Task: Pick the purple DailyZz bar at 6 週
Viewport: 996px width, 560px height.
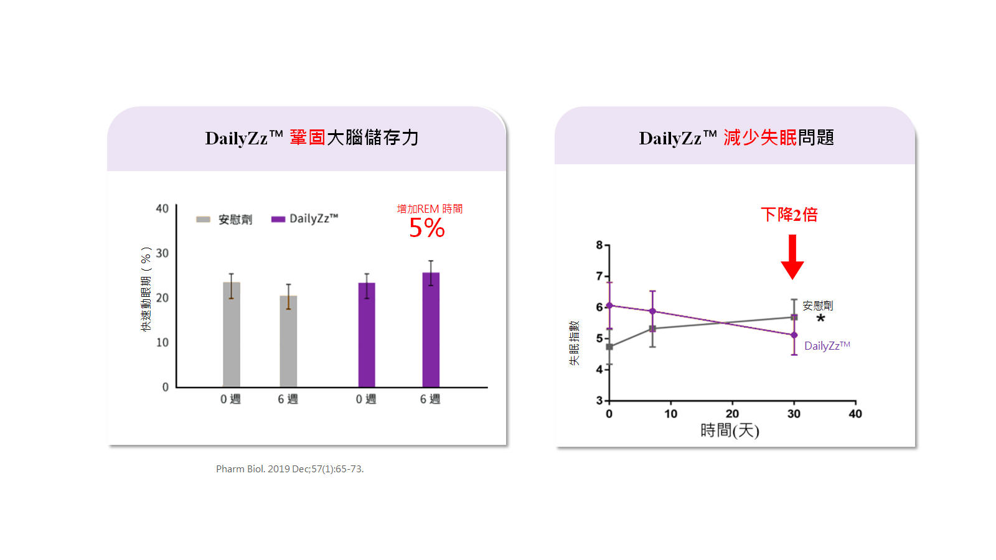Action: point(431,330)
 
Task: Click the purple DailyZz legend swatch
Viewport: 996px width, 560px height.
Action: point(278,219)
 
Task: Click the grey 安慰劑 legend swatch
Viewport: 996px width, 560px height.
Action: point(203,219)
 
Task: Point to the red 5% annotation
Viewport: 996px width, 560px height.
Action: point(427,228)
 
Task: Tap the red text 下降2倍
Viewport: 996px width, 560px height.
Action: point(789,215)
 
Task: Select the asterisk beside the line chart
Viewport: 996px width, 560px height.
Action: point(820,319)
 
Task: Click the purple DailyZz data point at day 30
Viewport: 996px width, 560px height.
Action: point(794,335)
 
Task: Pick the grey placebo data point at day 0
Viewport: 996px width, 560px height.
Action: point(609,347)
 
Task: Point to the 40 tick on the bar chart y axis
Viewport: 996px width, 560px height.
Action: point(162,208)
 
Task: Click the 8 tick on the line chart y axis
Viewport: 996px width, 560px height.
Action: point(599,245)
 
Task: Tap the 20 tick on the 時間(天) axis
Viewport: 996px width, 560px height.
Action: point(732,414)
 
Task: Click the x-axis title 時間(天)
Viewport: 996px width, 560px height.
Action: point(730,431)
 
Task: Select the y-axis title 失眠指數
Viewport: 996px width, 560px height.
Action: point(574,343)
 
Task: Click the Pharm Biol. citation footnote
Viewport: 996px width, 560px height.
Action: point(289,469)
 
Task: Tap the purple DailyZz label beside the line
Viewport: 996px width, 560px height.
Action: point(827,346)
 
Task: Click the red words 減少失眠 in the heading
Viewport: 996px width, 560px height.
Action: point(760,138)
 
